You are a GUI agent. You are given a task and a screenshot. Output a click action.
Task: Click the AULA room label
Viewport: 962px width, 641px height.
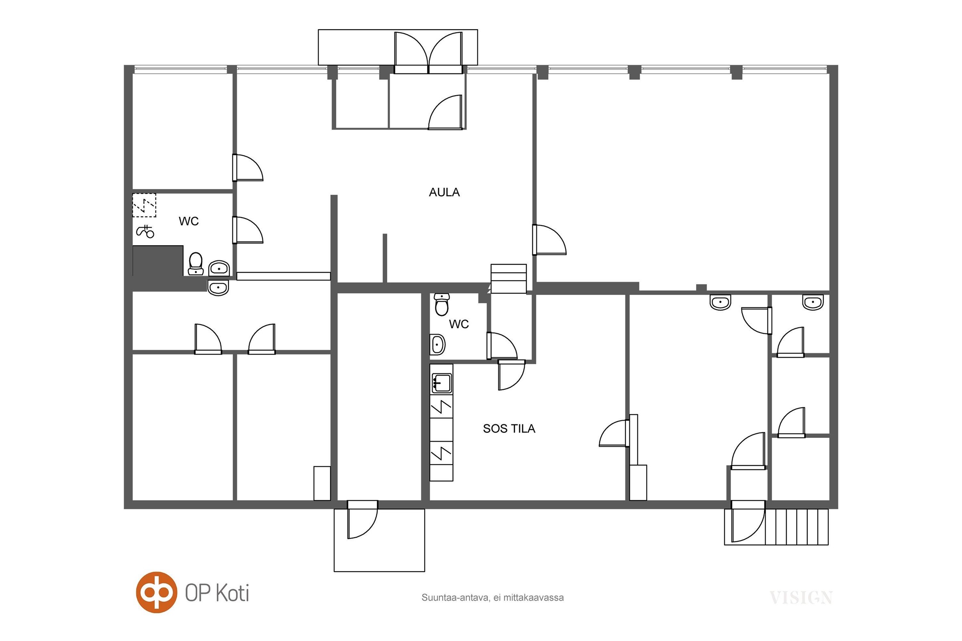tap(444, 192)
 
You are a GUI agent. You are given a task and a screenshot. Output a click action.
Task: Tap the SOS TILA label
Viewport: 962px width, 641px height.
tap(509, 428)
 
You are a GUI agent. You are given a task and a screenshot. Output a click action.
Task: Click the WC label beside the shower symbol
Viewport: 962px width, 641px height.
tap(188, 221)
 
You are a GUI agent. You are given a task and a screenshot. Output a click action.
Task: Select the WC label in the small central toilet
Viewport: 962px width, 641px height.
tap(459, 324)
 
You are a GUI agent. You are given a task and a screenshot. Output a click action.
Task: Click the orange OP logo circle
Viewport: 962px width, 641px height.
tap(156, 593)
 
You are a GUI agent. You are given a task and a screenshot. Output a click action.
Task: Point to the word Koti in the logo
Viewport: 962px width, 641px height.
tap(232, 593)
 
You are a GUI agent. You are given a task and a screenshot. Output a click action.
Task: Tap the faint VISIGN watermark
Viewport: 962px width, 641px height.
tap(801, 598)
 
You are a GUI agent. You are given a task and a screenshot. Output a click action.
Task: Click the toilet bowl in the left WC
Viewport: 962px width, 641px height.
tap(196, 264)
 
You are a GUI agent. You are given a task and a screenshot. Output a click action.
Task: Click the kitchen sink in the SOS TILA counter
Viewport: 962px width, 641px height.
tap(441, 383)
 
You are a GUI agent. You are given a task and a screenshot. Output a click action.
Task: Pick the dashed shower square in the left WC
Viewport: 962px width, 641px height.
tap(144, 205)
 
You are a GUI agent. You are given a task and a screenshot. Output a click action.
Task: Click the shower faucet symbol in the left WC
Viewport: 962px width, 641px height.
tap(145, 232)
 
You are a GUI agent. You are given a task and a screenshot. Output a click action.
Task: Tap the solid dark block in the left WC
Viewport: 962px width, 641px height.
tap(158, 261)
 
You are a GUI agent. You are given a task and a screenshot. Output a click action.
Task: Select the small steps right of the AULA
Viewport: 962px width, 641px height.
tap(508, 279)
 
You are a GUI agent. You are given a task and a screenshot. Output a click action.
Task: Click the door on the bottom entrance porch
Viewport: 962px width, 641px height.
tap(362, 519)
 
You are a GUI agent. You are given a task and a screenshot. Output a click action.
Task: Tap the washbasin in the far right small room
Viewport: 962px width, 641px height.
tap(813, 302)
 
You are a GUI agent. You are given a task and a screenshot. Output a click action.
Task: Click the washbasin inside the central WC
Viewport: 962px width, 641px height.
tap(437, 345)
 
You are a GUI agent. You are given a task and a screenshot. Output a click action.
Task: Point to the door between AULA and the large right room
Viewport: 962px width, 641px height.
tap(549, 240)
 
